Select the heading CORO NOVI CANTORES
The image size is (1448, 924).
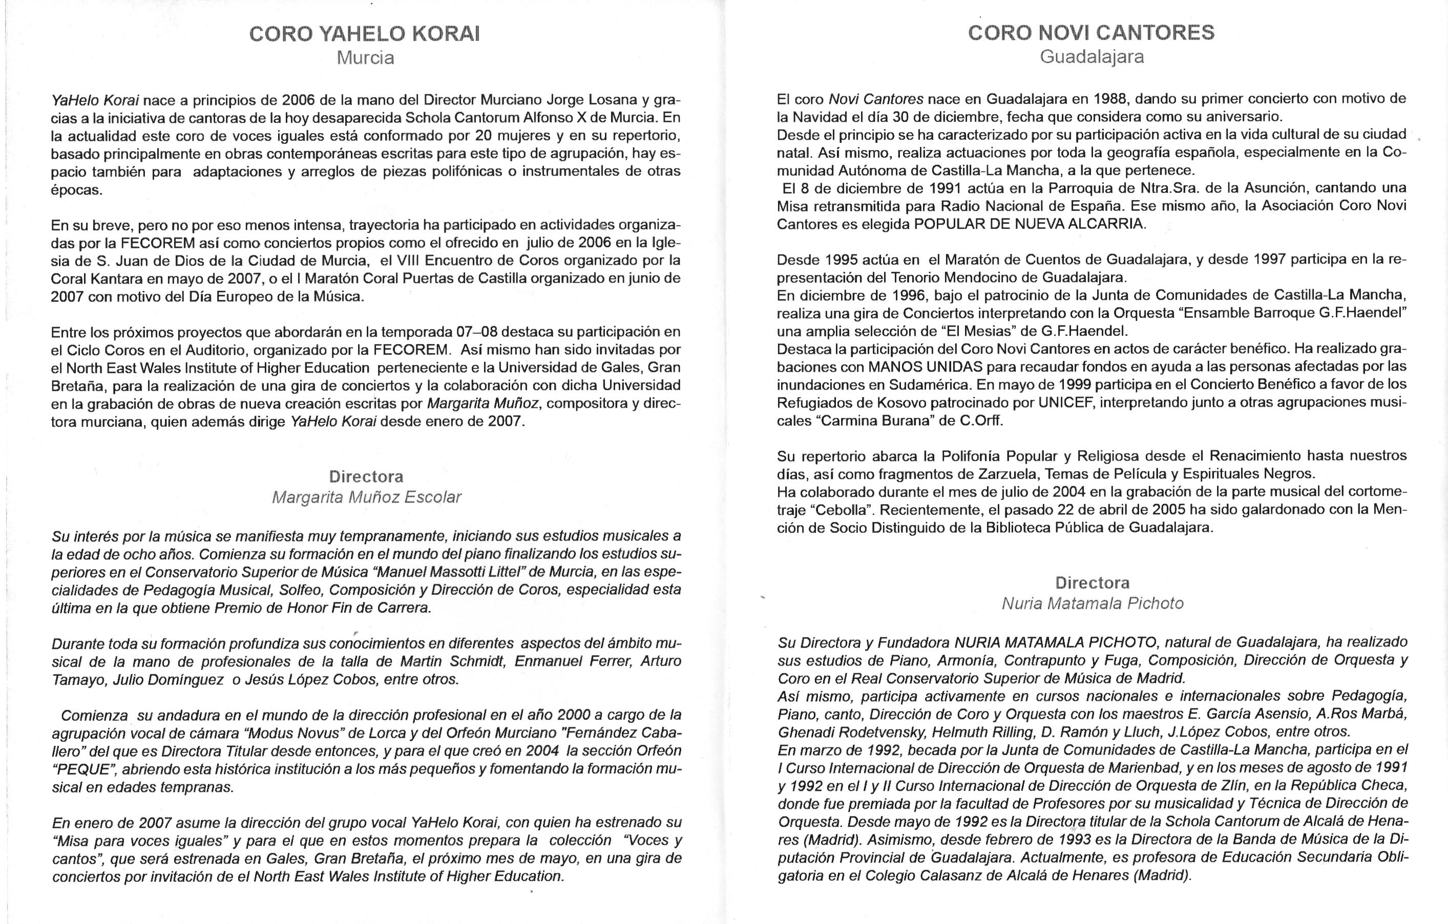(1091, 32)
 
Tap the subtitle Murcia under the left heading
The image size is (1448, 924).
(365, 58)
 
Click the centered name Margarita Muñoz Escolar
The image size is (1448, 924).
(366, 497)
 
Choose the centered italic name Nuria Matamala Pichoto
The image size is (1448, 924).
(1092, 603)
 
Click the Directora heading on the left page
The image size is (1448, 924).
(366, 477)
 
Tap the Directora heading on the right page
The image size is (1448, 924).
(1092, 583)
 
